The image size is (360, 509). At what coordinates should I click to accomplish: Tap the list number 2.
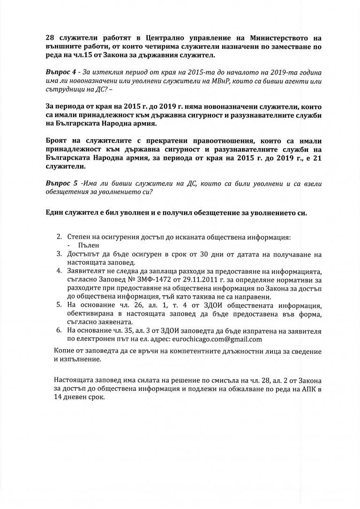pyautogui.click(x=60, y=238)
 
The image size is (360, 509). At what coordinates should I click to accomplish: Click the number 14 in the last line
pyautogui.click(x=58, y=396)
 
